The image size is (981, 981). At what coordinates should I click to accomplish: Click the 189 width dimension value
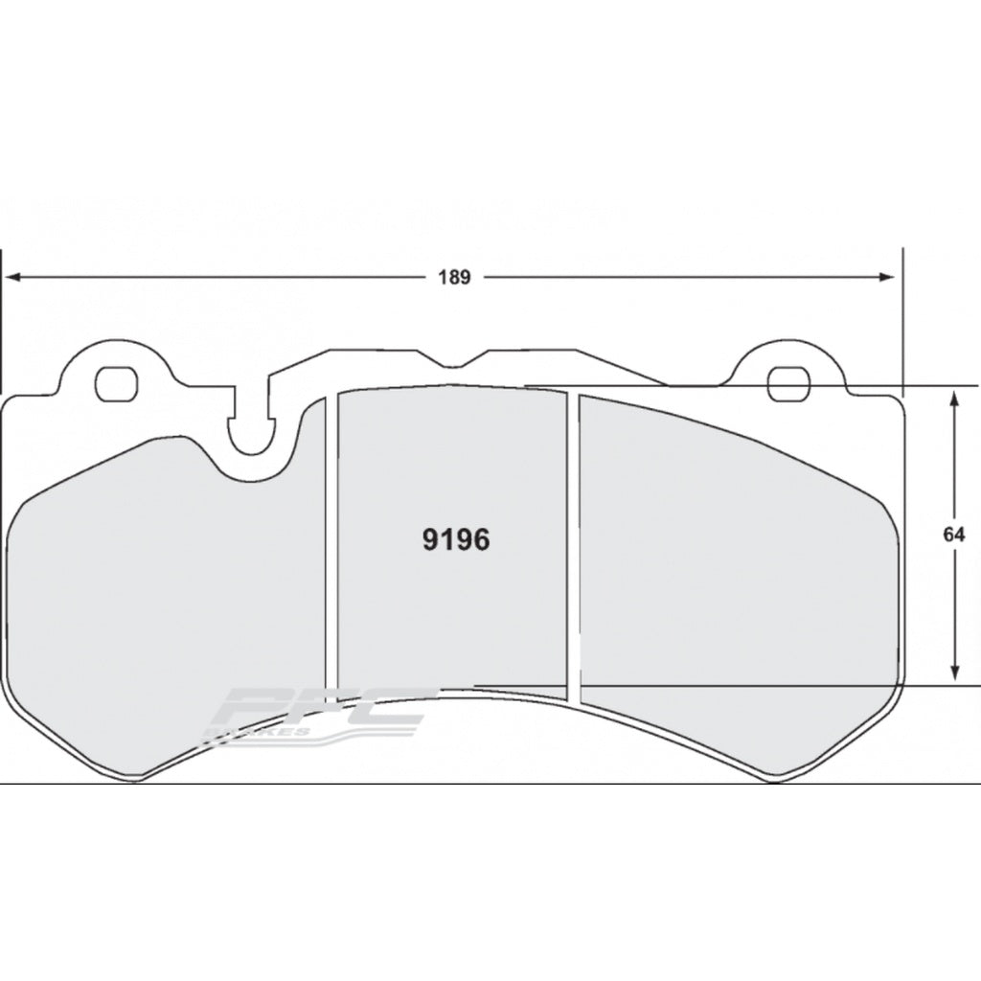pyautogui.click(x=455, y=278)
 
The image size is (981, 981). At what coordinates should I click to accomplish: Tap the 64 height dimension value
pyautogui.click(x=952, y=536)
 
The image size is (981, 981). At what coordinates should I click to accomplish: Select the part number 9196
pyautogui.click(x=456, y=540)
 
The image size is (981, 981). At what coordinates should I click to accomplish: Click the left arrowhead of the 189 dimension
pyautogui.click(x=15, y=278)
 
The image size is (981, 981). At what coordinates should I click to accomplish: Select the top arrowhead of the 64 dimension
pyautogui.click(x=954, y=396)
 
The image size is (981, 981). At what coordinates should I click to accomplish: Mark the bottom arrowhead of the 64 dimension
pyautogui.click(x=954, y=675)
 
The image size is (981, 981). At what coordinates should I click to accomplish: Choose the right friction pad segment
pyautogui.click(x=733, y=575)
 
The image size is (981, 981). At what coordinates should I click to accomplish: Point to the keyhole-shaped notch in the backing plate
pyautogui.click(x=249, y=431)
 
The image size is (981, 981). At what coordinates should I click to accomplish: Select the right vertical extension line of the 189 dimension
pyautogui.click(x=902, y=316)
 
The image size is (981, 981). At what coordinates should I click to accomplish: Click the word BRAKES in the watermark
pyautogui.click(x=259, y=731)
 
